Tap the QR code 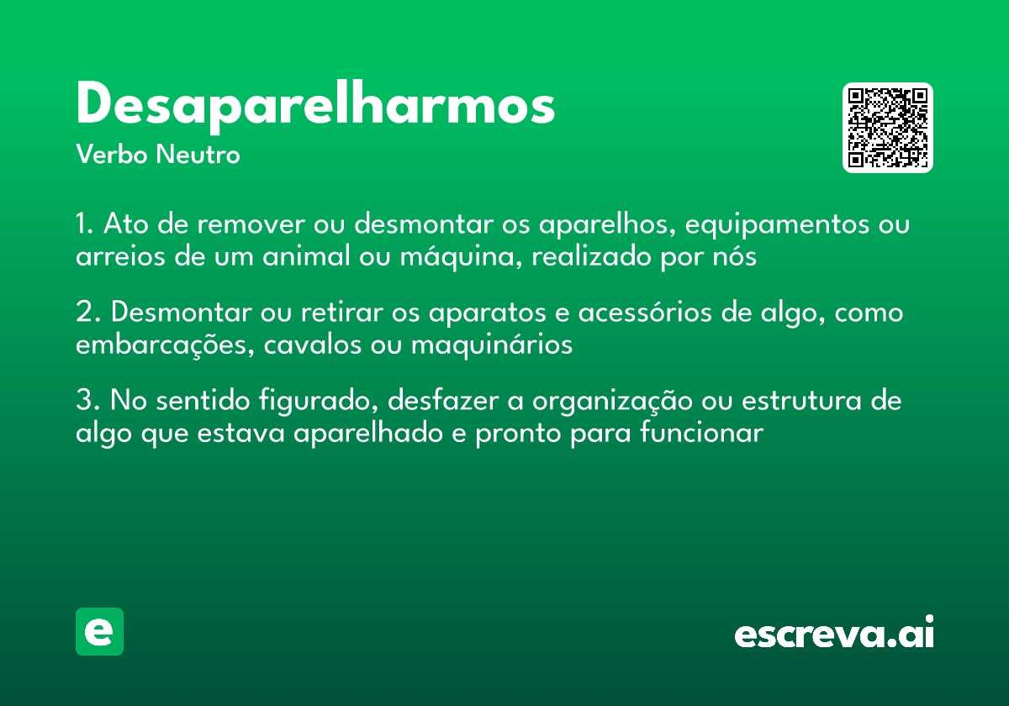point(888,128)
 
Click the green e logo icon point(99,631)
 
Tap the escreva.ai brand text point(834,634)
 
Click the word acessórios point(677,313)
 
